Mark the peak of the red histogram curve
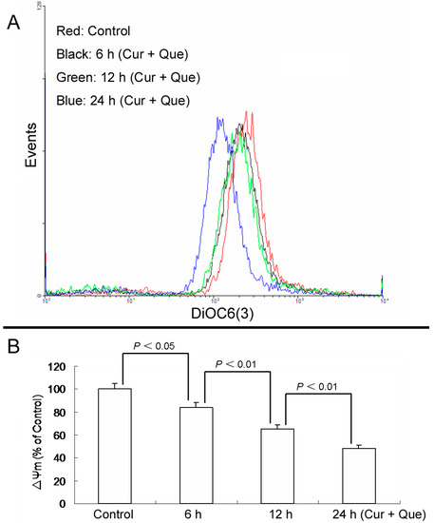click(x=248, y=112)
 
